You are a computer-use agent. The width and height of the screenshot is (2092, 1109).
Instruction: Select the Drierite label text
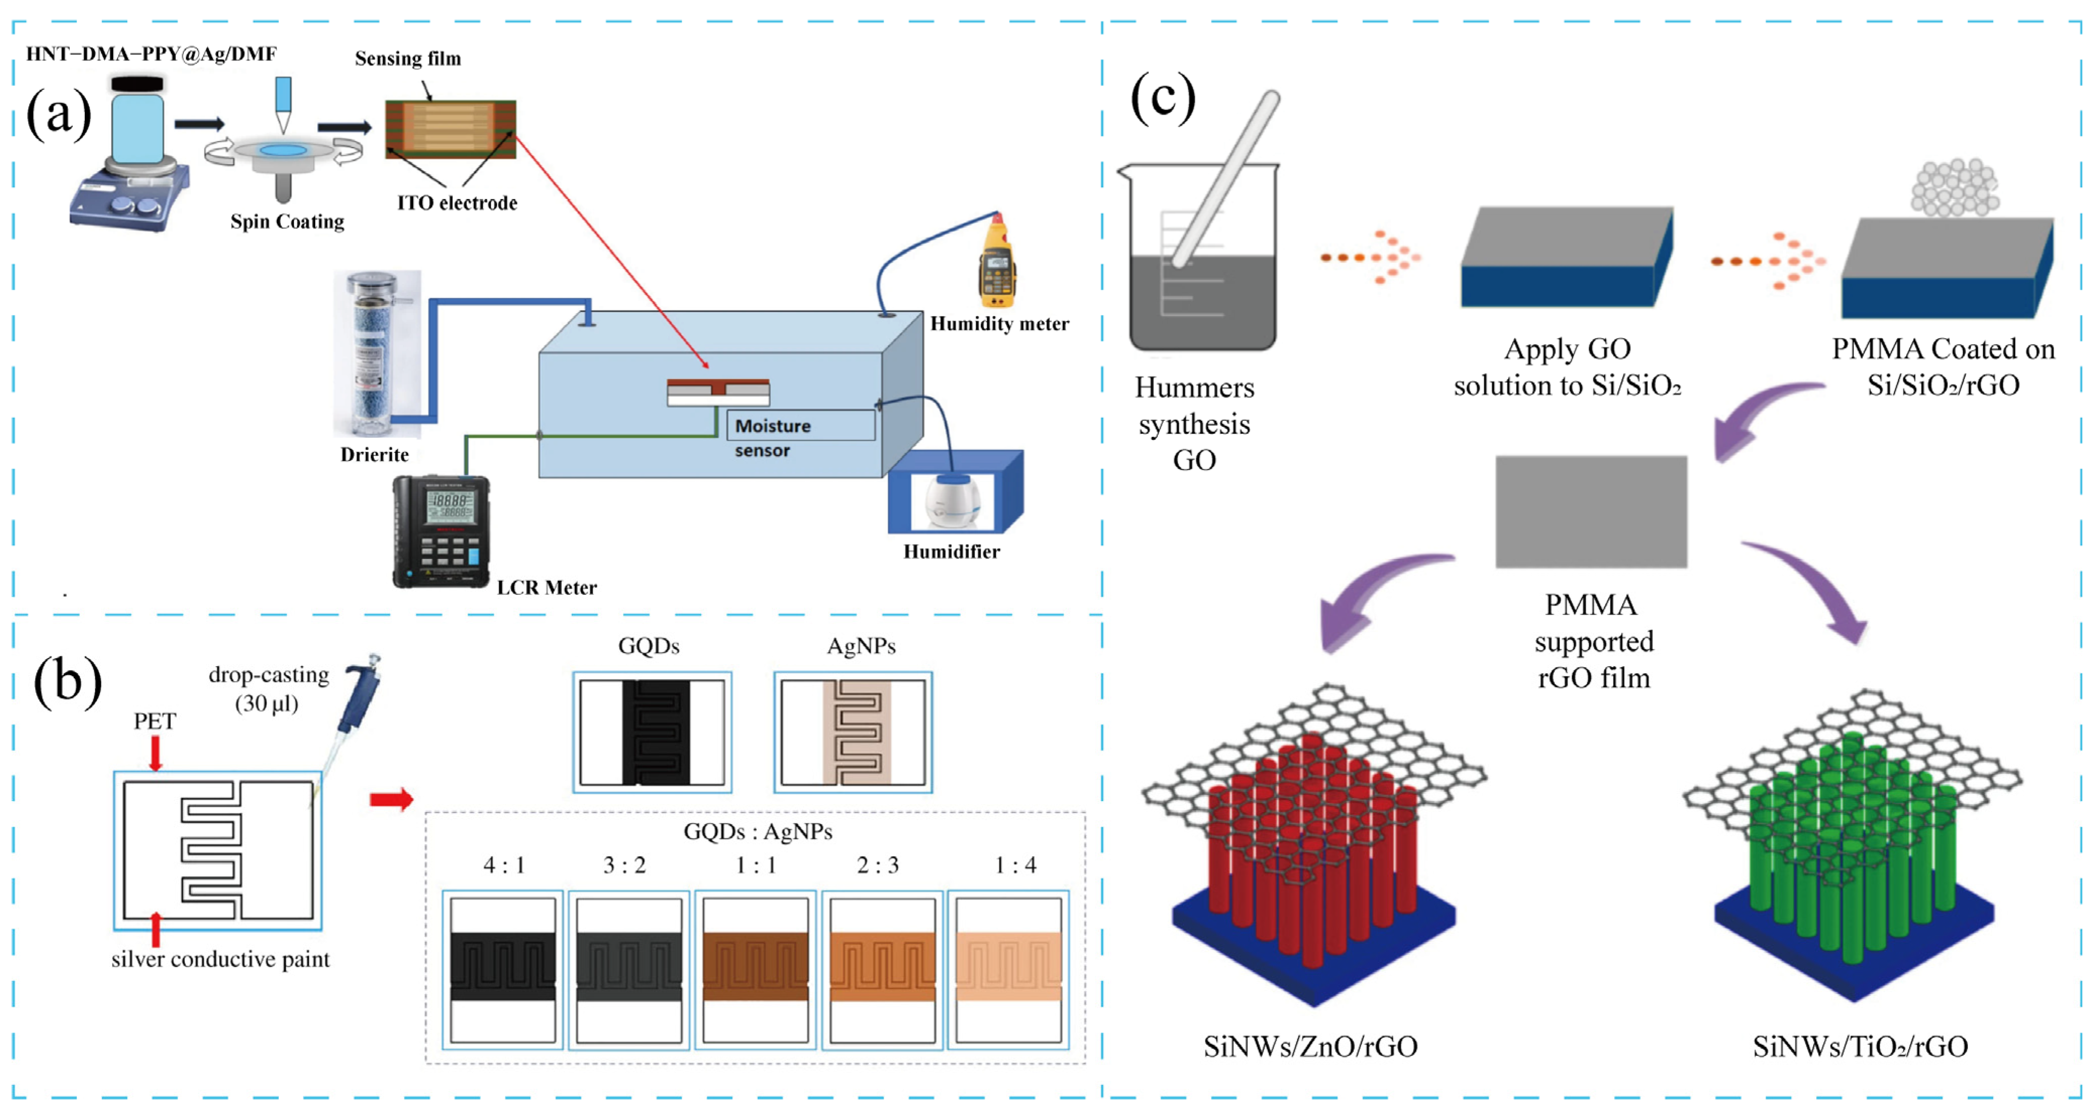tap(374, 455)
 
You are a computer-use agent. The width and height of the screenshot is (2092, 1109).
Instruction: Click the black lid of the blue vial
tap(137, 84)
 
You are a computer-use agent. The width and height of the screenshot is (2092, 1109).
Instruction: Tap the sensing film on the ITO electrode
tap(450, 128)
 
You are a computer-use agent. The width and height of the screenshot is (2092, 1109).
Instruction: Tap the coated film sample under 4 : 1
tap(503, 966)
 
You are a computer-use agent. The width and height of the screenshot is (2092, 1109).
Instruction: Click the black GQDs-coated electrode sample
tap(653, 732)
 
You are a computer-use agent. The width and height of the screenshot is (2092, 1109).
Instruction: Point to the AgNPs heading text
tap(861, 646)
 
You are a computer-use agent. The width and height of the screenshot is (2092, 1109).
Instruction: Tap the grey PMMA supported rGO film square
tap(1591, 512)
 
